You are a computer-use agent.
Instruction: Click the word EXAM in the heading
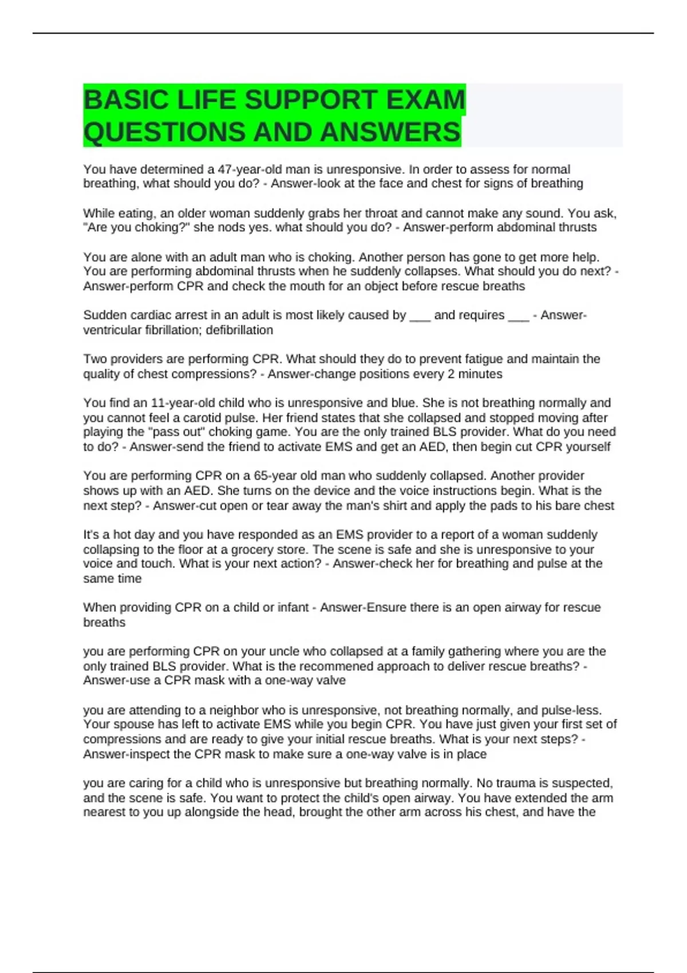point(426,100)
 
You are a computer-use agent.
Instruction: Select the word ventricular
point(112,330)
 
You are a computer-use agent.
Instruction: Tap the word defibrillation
point(239,330)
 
